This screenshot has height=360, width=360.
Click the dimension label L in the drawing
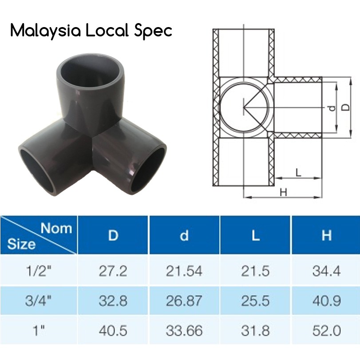[x=298, y=172]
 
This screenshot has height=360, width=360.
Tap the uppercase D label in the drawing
[x=347, y=107]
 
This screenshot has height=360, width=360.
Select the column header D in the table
[x=113, y=235]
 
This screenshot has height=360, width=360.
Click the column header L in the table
[x=255, y=235]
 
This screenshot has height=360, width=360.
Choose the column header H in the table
[x=326, y=235]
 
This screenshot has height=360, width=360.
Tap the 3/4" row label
[x=39, y=301]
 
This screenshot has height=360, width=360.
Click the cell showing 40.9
[x=326, y=301]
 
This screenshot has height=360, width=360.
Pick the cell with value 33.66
[x=184, y=331]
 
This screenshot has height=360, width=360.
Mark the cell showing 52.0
[x=326, y=331]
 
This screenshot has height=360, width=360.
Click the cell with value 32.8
[x=113, y=301]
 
